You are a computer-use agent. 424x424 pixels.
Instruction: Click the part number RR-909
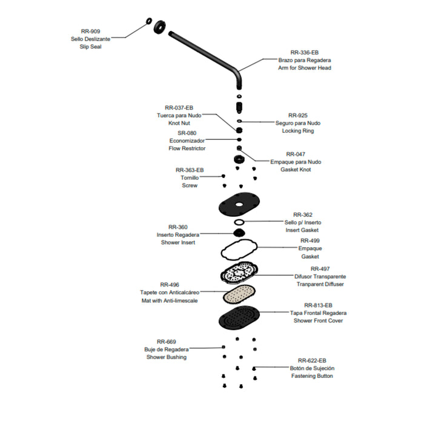click(x=90, y=31)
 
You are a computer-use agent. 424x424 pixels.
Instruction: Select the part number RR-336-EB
click(x=305, y=53)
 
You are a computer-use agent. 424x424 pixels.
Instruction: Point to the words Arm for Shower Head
click(x=305, y=68)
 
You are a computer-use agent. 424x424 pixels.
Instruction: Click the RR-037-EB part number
click(x=179, y=108)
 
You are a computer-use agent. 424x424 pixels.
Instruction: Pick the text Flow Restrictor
click(x=187, y=148)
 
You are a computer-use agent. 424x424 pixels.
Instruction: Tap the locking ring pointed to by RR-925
click(x=239, y=121)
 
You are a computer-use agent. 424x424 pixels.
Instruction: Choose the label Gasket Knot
click(x=296, y=170)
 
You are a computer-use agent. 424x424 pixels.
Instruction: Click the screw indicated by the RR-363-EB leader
click(x=224, y=176)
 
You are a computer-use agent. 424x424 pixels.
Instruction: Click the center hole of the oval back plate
click(x=239, y=205)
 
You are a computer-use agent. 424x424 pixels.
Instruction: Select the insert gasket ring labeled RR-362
click(x=239, y=222)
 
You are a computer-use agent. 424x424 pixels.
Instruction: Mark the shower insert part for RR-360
click(x=239, y=233)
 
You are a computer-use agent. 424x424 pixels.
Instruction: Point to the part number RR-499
click(x=310, y=240)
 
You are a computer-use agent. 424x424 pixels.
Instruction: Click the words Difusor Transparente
click(x=320, y=276)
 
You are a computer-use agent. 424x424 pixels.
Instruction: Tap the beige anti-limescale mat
click(x=239, y=294)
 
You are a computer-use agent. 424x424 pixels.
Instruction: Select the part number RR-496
click(x=170, y=285)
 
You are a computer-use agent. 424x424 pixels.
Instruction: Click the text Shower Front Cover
click(x=318, y=320)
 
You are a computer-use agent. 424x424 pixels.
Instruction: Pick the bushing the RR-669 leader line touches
click(x=224, y=347)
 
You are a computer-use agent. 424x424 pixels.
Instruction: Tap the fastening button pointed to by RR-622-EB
click(x=254, y=368)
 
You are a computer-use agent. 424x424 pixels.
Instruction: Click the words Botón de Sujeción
click(x=312, y=368)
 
